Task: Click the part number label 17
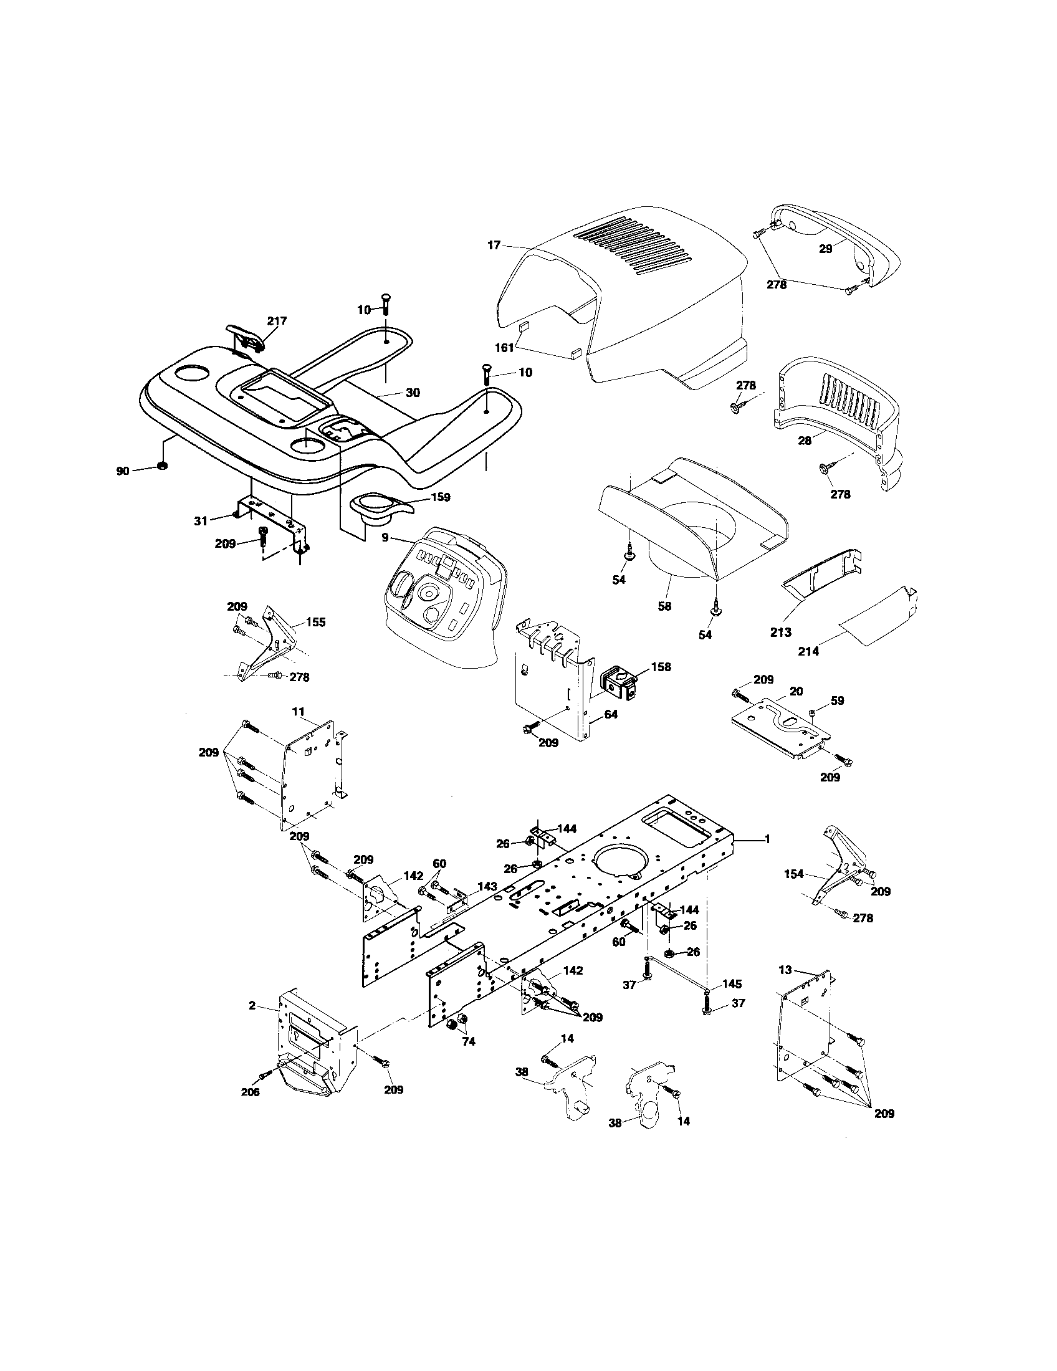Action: pos(494,246)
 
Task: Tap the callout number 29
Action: pos(825,249)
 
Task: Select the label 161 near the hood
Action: pos(505,347)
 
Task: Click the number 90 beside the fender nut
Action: pos(122,470)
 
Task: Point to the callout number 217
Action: pos(277,321)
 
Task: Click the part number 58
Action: pos(664,606)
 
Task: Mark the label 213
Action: pos(781,632)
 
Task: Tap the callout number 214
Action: pos(808,652)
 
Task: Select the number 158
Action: pos(661,667)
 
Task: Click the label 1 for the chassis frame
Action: pos(767,839)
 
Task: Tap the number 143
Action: pos(487,886)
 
